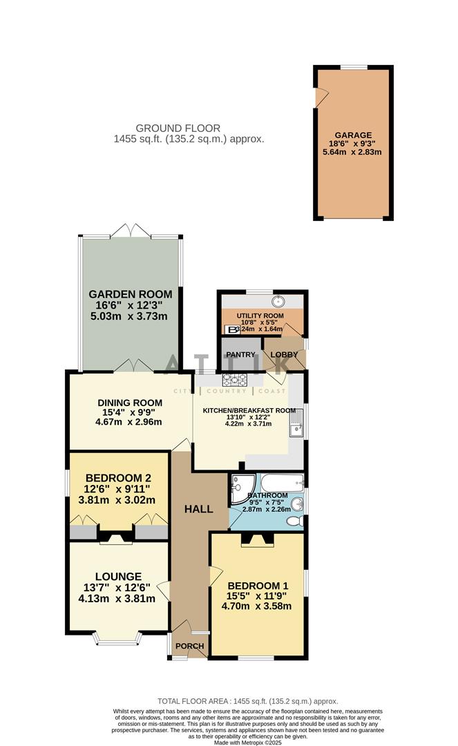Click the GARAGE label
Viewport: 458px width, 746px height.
353,135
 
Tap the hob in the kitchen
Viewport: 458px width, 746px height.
234,379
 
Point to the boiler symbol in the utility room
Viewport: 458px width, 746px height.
233,329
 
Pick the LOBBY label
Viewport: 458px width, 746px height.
284,355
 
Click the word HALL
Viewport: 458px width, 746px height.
198,509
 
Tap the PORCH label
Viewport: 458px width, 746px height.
189,647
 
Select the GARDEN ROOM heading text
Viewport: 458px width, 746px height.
130,294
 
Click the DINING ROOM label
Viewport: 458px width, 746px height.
130,403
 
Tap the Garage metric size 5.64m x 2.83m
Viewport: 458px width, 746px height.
353,152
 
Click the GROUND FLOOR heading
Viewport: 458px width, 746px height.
178,128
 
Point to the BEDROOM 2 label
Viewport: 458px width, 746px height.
118,477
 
